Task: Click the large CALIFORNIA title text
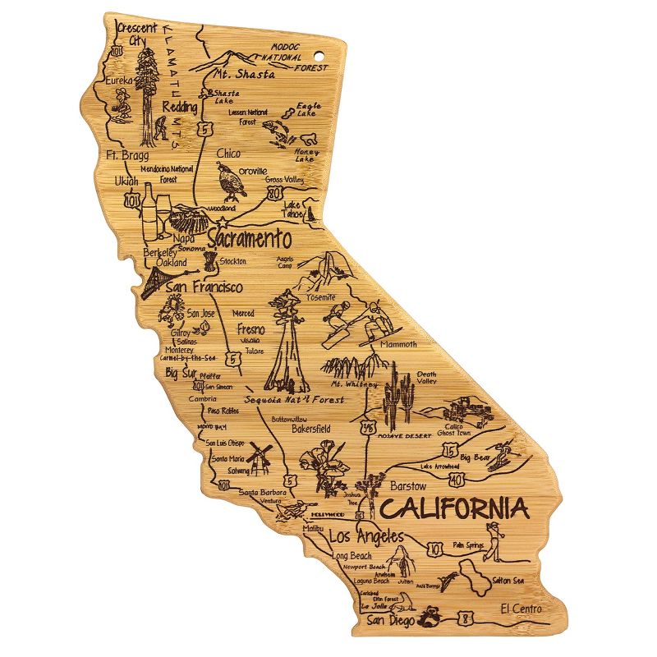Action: click(454, 508)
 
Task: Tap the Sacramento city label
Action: click(249, 240)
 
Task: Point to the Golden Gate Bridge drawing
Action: click(154, 282)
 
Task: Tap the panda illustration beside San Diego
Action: click(429, 616)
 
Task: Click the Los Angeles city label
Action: click(366, 538)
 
